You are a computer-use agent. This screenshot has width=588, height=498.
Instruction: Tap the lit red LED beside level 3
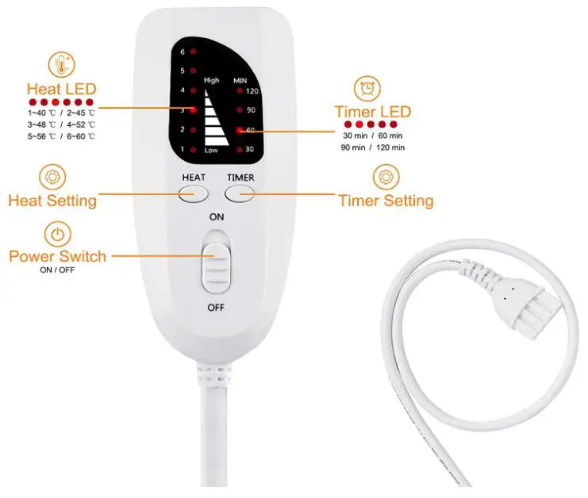pyautogui.click(x=194, y=110)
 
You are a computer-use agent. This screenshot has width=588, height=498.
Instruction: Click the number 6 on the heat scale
pyautogui.click(x=183, y=52)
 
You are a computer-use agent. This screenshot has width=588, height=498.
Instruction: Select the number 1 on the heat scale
pyautogui.click(x=183, y=149)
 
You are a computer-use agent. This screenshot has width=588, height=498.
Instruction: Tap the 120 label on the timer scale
pyautogui.click(x=253, y=92)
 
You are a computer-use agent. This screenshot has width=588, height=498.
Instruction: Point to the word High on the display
pyautogui.click(x=211, y=80)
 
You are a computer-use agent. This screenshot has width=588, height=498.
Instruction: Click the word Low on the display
pyautogui.click(x=211, y=150)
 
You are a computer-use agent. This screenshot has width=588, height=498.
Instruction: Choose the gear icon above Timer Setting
pyautogui.click(x=386, y=176)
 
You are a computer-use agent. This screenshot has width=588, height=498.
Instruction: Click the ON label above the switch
pyautogui.click(x=216, y=216)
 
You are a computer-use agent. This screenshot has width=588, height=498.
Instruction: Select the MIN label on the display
pyautogui.click(x=240, y=80)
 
